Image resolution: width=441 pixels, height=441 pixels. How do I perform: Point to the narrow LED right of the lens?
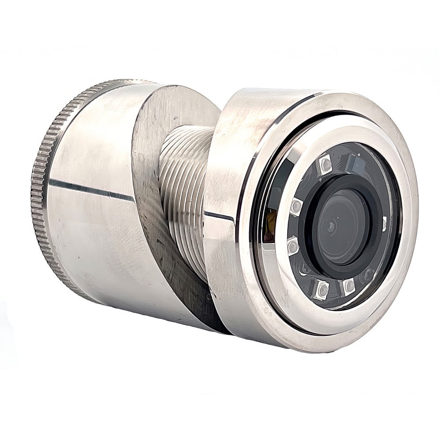384,224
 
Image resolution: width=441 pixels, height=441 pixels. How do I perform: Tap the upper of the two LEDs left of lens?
296,206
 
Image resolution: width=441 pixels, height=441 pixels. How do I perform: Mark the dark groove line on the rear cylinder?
88,188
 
